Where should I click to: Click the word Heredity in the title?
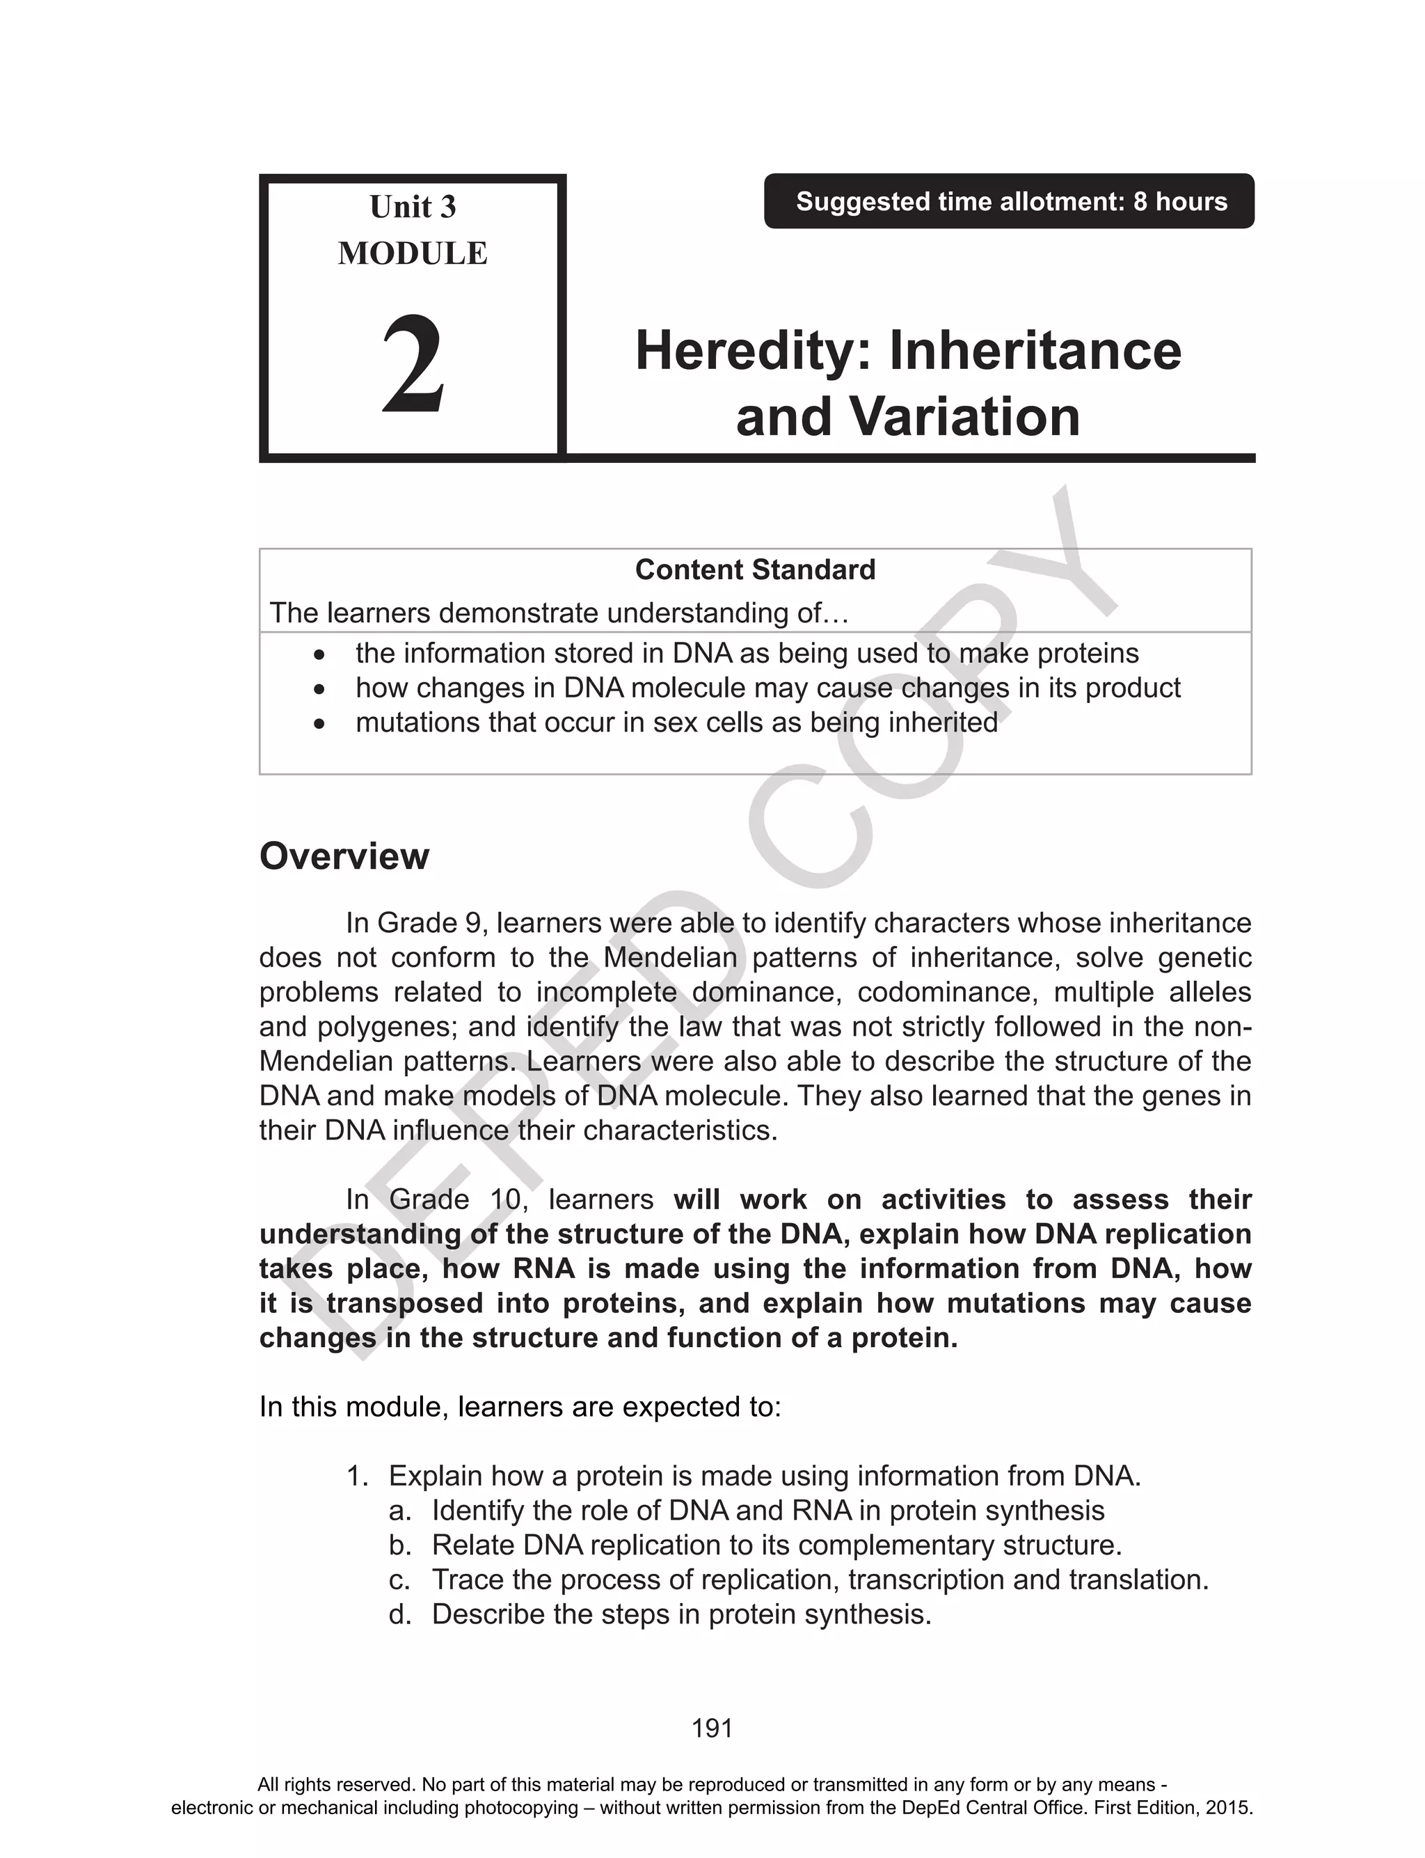tap(751, 352)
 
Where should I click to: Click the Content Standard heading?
tap(755, 570)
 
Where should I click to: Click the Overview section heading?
tap(344, 856)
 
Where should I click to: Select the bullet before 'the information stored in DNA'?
tap(318, 655)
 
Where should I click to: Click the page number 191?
tap(712, 1729)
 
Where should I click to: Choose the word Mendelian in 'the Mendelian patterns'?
tap(670, 958)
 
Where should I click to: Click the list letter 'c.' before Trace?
tap(399, 1580)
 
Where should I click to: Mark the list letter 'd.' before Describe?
tap(399, 1614)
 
